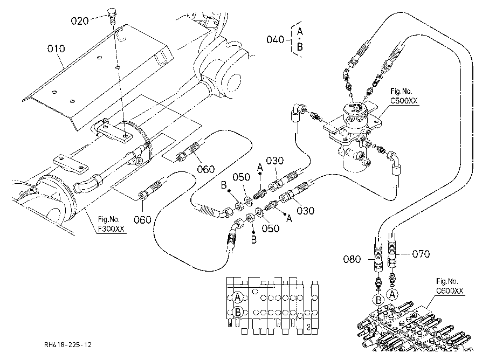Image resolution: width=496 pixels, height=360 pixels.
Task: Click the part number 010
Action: (56, 49)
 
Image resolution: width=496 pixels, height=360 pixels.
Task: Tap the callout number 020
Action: (79, 21)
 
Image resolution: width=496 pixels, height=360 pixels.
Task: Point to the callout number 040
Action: (275, 39)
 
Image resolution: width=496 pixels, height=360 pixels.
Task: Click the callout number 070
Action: (421, 254)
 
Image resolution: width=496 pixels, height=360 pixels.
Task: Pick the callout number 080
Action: (352, 259)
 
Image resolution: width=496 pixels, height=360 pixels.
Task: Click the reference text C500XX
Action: (404, 101)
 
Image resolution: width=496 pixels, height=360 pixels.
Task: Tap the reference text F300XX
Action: (111, 229)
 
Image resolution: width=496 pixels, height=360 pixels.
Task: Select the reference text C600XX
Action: (450, 290)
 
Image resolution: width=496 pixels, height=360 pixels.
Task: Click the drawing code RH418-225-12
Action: (68, 344)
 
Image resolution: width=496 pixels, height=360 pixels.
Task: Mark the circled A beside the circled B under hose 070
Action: (392, 295)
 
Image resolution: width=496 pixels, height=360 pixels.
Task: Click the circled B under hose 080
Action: (378, 300)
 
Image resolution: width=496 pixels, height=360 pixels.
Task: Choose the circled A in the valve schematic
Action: (238, 297)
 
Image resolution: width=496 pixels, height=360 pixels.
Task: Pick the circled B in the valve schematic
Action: (238, 312)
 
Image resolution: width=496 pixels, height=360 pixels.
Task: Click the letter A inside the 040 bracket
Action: (300, 32)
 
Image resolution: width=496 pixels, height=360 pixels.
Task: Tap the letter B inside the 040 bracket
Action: (300, 47)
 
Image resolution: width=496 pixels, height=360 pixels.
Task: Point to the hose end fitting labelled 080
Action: (378, 257)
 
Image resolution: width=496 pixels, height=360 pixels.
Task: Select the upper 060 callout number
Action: (205, 169)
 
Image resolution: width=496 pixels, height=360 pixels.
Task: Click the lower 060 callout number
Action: (142, 219)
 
